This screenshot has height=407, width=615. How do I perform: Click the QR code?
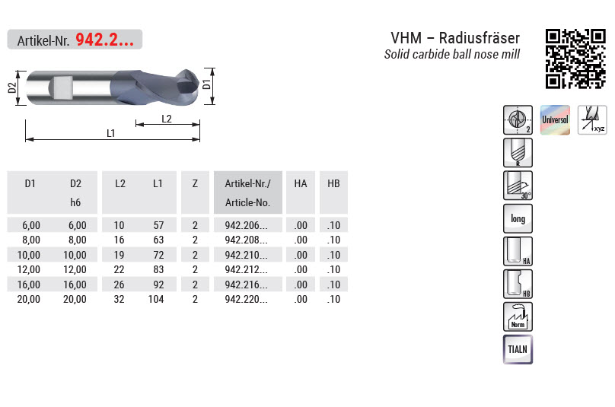click(575, 59)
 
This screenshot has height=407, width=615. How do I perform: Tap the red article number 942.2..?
click(105, 40)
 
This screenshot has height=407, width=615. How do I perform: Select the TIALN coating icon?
click(518, 349)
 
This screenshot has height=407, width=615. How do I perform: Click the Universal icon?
click(555, 120)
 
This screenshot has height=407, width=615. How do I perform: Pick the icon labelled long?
click(518, 218)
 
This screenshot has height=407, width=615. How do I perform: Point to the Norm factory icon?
click(518, 316)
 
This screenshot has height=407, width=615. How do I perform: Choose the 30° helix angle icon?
click(518, 186)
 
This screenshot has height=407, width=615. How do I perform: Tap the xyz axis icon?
click(592, 120)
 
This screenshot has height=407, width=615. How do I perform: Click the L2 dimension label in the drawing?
click(167, 119)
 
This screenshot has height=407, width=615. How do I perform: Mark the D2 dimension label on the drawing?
click(12, 87)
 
